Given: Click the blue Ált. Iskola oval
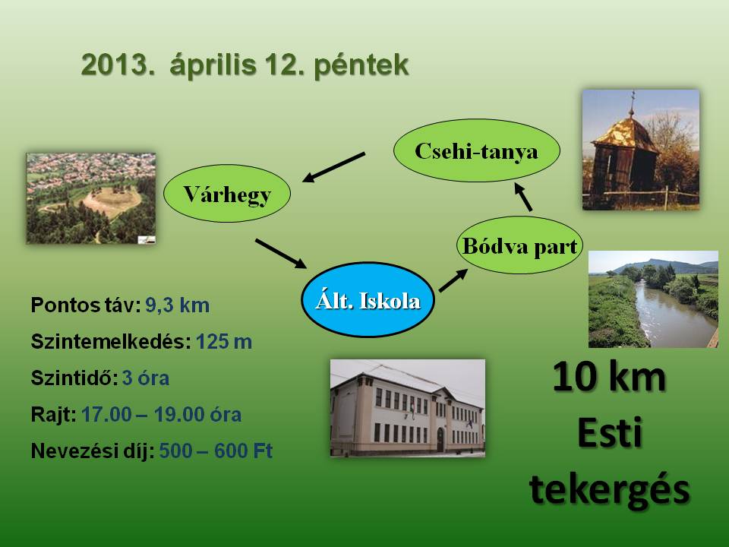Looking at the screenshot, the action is [368, 299].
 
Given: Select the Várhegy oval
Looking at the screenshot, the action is [227, 193].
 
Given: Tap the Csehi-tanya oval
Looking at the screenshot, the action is [477, 150].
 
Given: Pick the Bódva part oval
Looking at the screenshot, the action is [519, 245].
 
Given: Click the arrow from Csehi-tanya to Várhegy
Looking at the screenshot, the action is [333, 167].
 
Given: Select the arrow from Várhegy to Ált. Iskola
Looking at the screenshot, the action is [281, 254].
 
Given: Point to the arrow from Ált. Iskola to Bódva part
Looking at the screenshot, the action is [453, 280].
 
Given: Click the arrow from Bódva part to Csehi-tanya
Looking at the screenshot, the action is [523, 197].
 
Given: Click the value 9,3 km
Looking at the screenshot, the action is [177, 305].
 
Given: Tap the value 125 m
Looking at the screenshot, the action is [223, 342].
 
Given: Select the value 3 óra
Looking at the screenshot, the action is [146, 378].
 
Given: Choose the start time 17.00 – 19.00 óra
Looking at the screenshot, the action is [161, 415].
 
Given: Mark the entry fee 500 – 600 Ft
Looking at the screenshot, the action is [216, 451].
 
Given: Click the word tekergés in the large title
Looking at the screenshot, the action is [609, 490].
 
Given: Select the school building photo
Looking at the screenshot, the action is [408, 408].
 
